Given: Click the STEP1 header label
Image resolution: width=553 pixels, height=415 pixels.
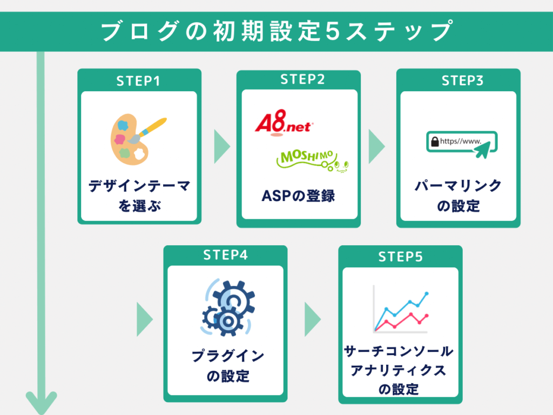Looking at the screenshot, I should (x=139, y=81).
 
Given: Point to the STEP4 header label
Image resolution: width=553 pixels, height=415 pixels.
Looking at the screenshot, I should (x=225, y=255).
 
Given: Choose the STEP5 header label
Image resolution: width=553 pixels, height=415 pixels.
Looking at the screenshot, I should (x=400, y=257).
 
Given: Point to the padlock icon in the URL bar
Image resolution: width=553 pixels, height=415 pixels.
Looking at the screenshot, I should (x=434, y=142).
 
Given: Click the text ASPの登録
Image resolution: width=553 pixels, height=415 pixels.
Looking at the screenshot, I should (x=298, y=196).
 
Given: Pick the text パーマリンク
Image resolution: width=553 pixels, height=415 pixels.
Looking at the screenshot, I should (x=458, y=186).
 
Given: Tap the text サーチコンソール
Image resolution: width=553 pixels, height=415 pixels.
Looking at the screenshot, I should (x=399, y=352).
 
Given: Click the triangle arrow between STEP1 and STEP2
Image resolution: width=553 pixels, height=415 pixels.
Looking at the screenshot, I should (x=221, y=146).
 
